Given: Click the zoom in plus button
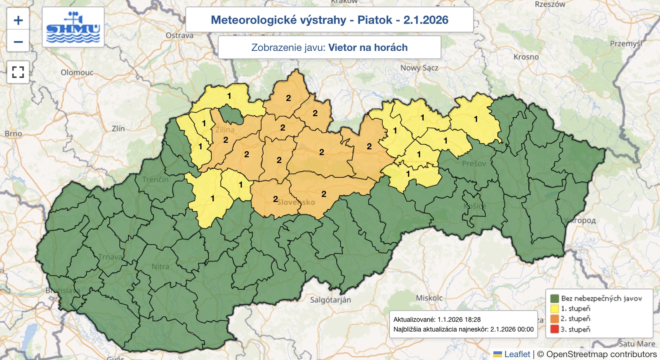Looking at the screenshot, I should [18, 20].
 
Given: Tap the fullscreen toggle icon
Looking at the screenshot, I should [18, 72].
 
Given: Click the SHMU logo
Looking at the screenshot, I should [73, 27].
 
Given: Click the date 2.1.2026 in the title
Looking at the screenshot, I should [426, 20].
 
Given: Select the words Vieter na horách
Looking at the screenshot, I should [368, 47].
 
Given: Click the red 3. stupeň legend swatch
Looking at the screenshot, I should [554, 329].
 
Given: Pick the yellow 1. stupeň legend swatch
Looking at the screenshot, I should [554, 308].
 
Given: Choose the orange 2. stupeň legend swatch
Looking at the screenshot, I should [554, 319].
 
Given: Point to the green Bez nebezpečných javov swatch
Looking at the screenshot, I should [554, 298].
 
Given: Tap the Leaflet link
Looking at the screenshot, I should [517, 354].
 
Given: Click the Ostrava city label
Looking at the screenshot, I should [179, 35].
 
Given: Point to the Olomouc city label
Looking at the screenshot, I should [77, 73].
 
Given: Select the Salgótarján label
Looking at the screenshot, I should [330, 300].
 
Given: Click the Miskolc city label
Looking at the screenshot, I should [429, 298].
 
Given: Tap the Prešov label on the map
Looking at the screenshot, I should [474, 164].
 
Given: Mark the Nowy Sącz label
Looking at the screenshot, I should [419, 68].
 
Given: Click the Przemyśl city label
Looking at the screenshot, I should [626, 44].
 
